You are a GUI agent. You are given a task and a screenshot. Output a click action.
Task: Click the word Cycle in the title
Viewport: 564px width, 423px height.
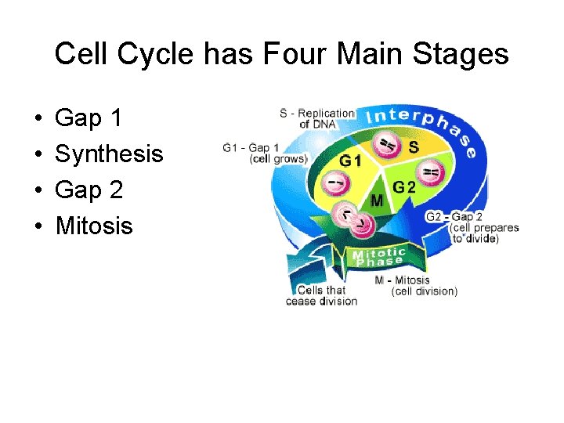(164, 55)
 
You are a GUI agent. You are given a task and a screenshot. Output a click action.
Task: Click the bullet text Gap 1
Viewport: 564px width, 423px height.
(89, 118)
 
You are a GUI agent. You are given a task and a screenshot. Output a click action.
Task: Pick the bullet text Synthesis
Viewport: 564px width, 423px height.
(109, 154)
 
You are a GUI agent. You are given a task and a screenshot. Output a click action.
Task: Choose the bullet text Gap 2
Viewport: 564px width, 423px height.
(89, 190)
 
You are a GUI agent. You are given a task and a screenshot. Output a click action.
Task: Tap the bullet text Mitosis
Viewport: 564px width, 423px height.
(94, 226)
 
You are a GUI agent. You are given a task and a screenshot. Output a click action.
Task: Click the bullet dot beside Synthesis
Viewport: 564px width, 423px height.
(38, 155)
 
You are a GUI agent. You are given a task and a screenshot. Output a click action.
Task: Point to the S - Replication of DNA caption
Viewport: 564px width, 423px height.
(316, 119)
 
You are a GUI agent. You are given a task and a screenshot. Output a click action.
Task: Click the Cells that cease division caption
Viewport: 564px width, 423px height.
(321, 295)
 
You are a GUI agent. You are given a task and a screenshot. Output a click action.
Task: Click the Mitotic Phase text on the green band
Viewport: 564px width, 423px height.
(379, 257)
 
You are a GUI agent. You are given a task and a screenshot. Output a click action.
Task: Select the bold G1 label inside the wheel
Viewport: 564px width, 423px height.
(350, 161)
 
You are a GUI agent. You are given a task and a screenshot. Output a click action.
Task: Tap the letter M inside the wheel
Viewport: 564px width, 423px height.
(377, 201)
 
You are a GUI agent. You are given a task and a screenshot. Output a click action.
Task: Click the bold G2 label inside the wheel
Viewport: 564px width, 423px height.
(404, 187)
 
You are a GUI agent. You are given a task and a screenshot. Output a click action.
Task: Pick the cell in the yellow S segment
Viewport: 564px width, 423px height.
(386, 143)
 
